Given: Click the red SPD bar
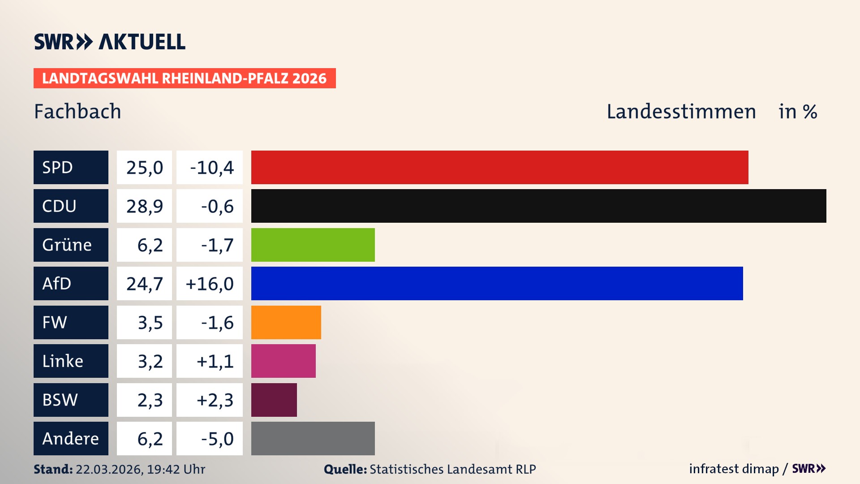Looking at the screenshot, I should point(499,167).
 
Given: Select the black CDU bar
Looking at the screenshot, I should point(538,206).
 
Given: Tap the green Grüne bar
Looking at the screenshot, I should point(313,245).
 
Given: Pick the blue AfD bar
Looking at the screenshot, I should point(497,283).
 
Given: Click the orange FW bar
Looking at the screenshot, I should point(286,322).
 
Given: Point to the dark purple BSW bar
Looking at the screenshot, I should point(274,400).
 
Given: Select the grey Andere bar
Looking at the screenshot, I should point(313,438).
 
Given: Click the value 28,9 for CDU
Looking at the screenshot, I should point(144,206).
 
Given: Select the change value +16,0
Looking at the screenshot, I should point(210,284).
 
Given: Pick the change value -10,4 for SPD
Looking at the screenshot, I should point(211,168).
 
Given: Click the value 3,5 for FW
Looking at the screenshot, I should point(150,323).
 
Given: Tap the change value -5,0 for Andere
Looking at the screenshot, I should point(217,439).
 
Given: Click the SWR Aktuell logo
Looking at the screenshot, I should point(109,42).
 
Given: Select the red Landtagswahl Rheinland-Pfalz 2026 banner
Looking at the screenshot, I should point(184,78).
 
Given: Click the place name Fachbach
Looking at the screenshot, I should point(77,111).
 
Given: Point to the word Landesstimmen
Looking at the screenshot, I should point(681,111).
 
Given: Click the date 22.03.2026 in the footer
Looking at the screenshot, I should point(109,469).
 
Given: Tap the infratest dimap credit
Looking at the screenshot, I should point(733,469).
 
